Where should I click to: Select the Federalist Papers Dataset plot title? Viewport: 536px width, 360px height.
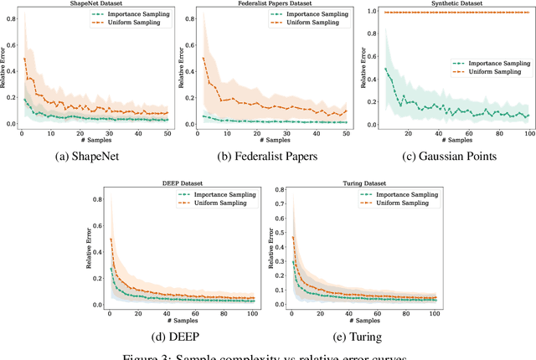click(x=271, y=3)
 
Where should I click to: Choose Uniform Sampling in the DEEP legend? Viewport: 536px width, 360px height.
click(x=216, y=203)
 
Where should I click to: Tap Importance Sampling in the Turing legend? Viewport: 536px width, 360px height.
click(x=392, y=195)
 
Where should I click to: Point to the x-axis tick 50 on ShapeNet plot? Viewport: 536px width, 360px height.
click(x=167, y=134)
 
